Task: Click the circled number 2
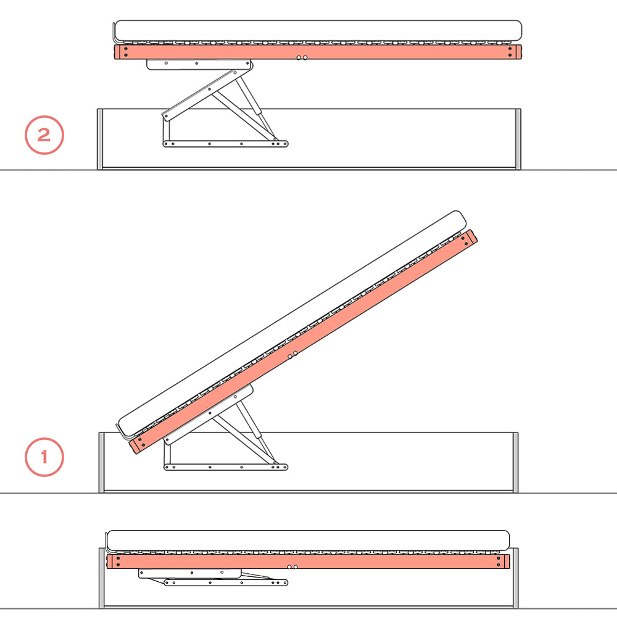44,135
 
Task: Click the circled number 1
44,457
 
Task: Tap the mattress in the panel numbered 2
318,31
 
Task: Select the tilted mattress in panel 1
290,321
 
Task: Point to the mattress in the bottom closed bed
308,540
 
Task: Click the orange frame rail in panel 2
401,52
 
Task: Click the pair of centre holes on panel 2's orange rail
302,57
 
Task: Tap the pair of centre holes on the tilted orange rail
292,355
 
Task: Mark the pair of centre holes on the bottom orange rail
292,566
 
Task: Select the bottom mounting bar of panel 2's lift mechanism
225,144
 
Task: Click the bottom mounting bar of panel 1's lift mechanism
225,467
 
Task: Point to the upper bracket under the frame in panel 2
197,64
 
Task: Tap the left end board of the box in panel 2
100,139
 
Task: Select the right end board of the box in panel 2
518,139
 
